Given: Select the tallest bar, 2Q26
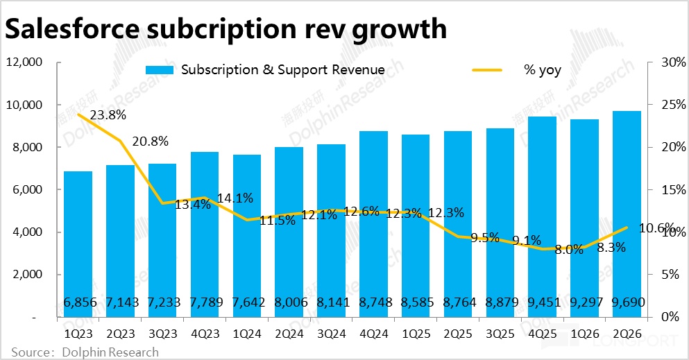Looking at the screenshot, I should [x=626, y=208].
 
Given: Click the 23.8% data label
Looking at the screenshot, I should [x=107, y=116].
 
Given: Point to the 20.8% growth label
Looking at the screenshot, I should [x=150, y=142].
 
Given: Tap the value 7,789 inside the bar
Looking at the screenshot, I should [x=204, y=302].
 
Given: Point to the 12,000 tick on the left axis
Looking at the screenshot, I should [x=25, y=62].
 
